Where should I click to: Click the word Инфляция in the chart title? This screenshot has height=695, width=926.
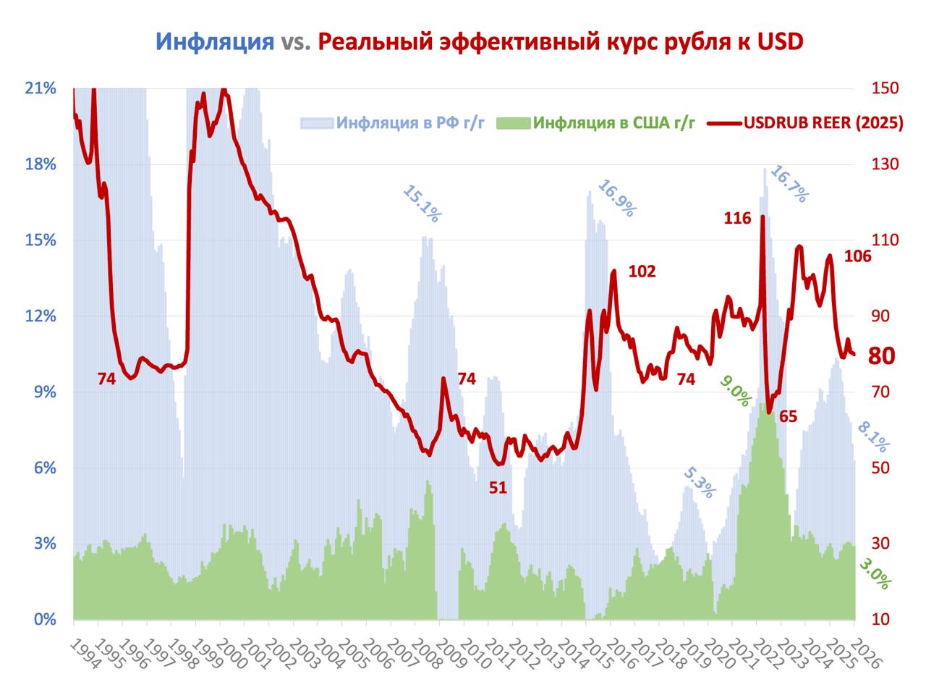(213, 41)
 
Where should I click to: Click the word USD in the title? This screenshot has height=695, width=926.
(780, 41)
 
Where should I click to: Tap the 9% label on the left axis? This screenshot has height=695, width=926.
(45, 392)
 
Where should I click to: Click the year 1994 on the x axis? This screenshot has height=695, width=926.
(85, 655)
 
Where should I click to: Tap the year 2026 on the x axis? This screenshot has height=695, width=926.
(865, 655)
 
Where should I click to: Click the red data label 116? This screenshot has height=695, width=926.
(737, 218)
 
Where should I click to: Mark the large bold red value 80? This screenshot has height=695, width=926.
(882, 356)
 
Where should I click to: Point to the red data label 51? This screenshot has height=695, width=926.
(498, 487)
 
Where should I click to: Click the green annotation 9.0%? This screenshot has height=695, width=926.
(735, 391)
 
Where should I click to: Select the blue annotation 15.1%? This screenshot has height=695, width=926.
(421, 203)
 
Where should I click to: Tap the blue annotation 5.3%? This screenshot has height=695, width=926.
(700, 483)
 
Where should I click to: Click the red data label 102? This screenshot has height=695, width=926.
(642, 271)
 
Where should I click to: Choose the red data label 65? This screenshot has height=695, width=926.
(788, 416)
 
